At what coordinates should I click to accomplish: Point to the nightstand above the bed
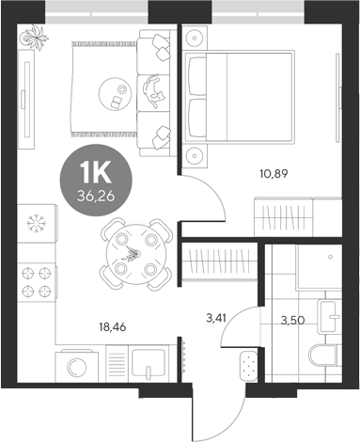196,37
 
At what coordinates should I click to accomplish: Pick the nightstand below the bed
196,153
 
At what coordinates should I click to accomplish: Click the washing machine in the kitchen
79,362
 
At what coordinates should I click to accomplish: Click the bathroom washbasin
329,315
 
